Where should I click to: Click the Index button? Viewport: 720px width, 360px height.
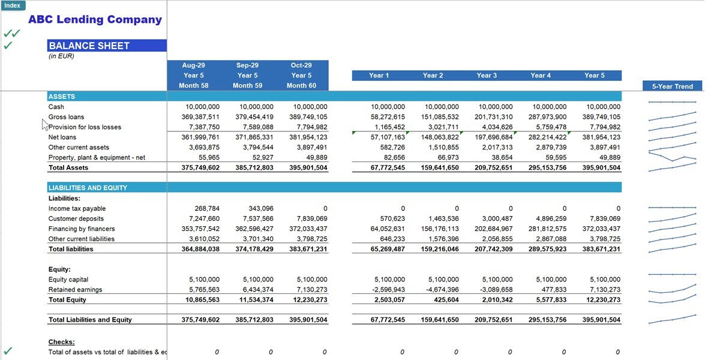(13, 5)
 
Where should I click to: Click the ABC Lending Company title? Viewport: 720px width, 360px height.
(95, 19)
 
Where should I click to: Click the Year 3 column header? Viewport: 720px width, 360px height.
(487, 76)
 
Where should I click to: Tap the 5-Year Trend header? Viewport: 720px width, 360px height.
(672, 86)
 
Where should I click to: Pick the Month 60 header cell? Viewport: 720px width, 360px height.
(301, 86)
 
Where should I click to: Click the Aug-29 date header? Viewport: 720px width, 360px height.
(193, 65)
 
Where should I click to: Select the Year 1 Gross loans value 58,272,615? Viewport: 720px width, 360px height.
(388, 117)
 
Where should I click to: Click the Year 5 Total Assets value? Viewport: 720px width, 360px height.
(601, 168)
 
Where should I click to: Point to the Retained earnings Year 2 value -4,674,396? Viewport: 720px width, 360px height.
(442, 290)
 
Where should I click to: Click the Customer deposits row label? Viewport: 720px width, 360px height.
(76, 219)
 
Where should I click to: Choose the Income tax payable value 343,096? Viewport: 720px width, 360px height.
(258, 209)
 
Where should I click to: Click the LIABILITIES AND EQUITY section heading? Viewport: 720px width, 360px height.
(88, 188)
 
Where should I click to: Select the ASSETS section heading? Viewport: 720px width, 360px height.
(62, 97)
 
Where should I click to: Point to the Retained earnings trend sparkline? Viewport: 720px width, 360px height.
(672, 290)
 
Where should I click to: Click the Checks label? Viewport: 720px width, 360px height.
(61, 342)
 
